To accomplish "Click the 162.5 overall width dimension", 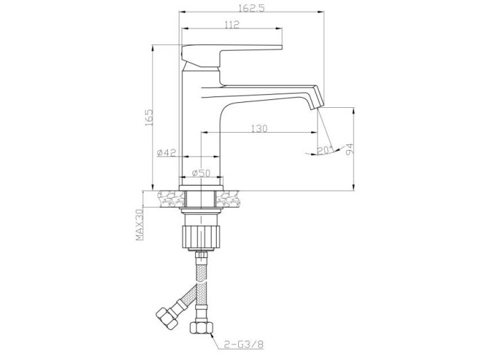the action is click(x=251, y=8).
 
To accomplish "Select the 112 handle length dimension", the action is click(x=232, y=24).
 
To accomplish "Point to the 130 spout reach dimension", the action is click(x=259, y=129).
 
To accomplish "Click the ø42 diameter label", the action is click(x=167, y=153).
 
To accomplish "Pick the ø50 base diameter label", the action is click(x=202, y=173).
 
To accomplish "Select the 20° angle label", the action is click(x=325, y=150).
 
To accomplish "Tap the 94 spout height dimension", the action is click(x=350, y=149).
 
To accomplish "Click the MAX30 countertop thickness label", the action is click(x=139, y=225).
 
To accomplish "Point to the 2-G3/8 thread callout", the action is click(x=244, y=344).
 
